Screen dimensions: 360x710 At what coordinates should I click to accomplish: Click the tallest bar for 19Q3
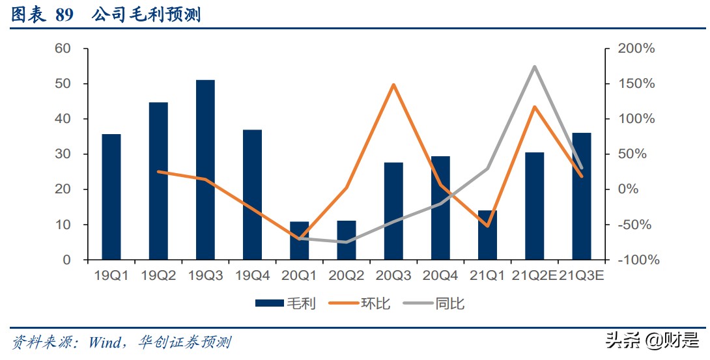pos(205,170)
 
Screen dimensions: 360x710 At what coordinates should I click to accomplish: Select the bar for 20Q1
pos(300,241)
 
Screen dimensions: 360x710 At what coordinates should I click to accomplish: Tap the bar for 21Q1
pos(487,235)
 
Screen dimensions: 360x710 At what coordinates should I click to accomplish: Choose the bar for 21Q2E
pos(534,206)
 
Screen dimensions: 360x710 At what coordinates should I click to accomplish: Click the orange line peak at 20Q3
pos(393,85)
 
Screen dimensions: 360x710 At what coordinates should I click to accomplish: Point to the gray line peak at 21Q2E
pos(534,66)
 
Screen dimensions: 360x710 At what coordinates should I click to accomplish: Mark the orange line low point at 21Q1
pos(487,226)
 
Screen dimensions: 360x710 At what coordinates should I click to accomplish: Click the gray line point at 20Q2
pos(347,242)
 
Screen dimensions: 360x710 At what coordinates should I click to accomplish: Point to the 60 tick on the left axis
pos(63,49)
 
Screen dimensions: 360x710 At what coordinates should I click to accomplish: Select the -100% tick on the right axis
pos(635,260)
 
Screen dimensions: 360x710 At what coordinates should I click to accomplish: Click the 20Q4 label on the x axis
pos(440,276)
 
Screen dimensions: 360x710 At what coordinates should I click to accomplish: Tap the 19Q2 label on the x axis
pos(158,276)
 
